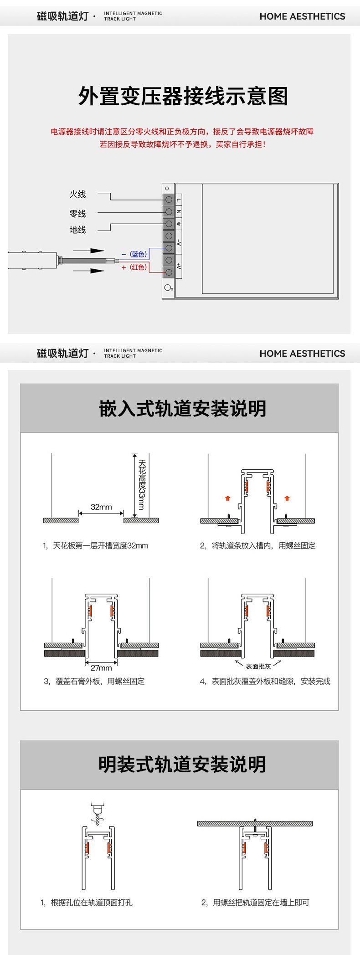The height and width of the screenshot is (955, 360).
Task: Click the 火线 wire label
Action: [x=77, y=195]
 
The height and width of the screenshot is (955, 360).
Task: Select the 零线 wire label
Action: [x=77, y=214]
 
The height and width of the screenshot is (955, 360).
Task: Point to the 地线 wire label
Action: [x=77, y=230]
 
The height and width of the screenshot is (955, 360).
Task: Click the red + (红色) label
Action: [x=134, y=267]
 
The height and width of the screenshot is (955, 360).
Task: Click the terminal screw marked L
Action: [x=169, y=200]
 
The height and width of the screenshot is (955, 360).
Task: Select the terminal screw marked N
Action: [x=169, y=212]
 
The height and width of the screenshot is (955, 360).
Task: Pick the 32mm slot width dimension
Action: [x=101, y=507]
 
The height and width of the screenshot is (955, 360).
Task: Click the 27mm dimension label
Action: [x=101, y=668]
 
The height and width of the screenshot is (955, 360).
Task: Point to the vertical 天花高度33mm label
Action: [x=142, y=484]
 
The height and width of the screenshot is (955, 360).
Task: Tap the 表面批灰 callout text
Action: [x=258, y=667]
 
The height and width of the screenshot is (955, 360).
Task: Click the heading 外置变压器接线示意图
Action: [x=183, y=97]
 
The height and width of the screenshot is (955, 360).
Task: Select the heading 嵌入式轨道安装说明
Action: [x=183, y=409]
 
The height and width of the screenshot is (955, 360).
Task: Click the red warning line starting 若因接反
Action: [x=183, y=144]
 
